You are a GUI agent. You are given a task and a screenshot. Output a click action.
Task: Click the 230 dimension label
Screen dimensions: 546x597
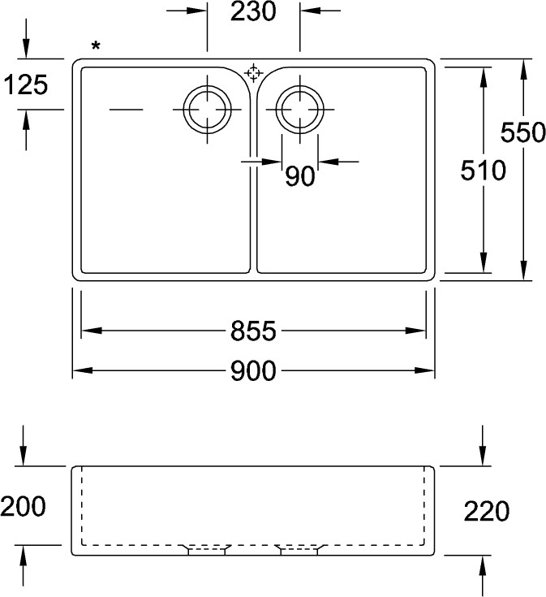tap(253, 12)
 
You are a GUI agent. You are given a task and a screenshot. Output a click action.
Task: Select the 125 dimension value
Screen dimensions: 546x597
tap(26, 84)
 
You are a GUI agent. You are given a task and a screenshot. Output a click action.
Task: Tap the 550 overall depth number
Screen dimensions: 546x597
tap(522, 132)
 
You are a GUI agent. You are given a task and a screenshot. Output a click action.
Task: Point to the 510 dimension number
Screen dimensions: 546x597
tap(483, 171)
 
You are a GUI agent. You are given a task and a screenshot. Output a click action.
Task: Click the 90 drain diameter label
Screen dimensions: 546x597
tap(300, 176)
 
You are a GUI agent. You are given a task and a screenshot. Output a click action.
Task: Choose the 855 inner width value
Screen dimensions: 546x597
tap(253, 331)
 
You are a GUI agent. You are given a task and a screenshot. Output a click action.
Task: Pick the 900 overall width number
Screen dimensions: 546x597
tap(253, 371)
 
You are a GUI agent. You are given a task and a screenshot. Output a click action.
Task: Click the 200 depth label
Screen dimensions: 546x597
tap(23, 506)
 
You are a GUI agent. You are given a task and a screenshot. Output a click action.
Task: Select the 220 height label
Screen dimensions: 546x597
tap(486, 511)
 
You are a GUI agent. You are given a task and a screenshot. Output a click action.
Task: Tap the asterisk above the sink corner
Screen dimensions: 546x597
tap(96, 46)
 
